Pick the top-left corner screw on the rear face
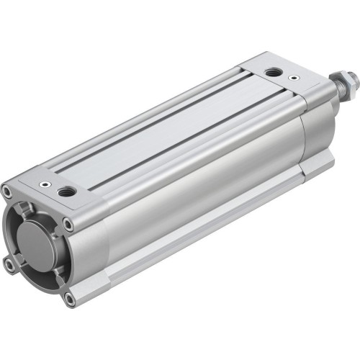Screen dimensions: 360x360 6,192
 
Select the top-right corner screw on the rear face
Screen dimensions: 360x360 68,225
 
